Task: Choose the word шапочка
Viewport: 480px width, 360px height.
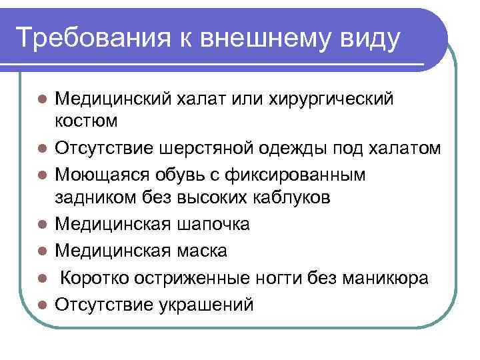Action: [x=214, y=225]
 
